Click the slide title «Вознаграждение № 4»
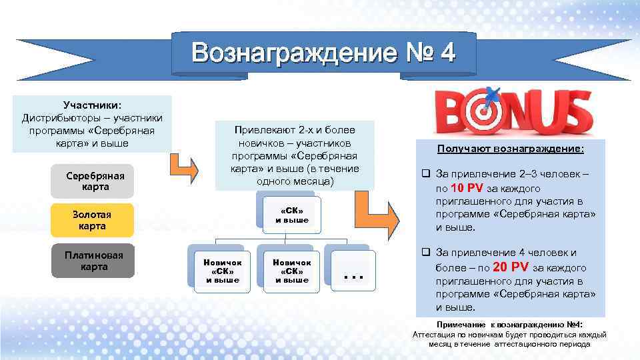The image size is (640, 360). pos(324,53)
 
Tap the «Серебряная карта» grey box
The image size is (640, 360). pos(93,181)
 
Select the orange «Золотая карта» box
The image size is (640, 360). pos(93,221)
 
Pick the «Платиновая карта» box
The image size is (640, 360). pos(93,261)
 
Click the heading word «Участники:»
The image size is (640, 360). pos(92,105)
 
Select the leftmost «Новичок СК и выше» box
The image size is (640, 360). pos(222,271)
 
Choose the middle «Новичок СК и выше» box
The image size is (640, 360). pos(291,271)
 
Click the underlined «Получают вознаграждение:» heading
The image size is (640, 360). pos(510,150)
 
